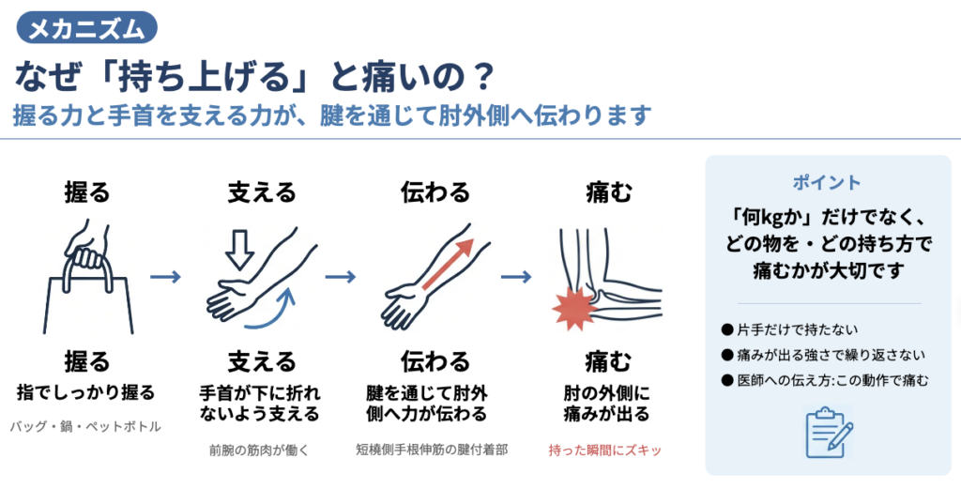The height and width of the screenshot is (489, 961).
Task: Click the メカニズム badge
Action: coord(87,27)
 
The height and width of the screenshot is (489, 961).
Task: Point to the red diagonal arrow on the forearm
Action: coord(449,264)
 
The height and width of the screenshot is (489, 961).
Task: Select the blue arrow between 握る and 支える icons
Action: coord(165,277)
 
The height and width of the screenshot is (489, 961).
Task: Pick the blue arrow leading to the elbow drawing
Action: coord(516,277)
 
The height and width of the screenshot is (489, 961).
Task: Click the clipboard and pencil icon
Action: coord(829,432)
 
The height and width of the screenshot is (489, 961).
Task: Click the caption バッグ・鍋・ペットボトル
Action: coord(85,426)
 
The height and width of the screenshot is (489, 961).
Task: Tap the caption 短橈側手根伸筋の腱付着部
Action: coord(432,450)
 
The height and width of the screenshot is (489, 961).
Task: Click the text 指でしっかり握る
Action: coord(85,392)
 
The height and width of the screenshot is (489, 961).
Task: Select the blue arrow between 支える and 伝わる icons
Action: coord(341,277)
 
